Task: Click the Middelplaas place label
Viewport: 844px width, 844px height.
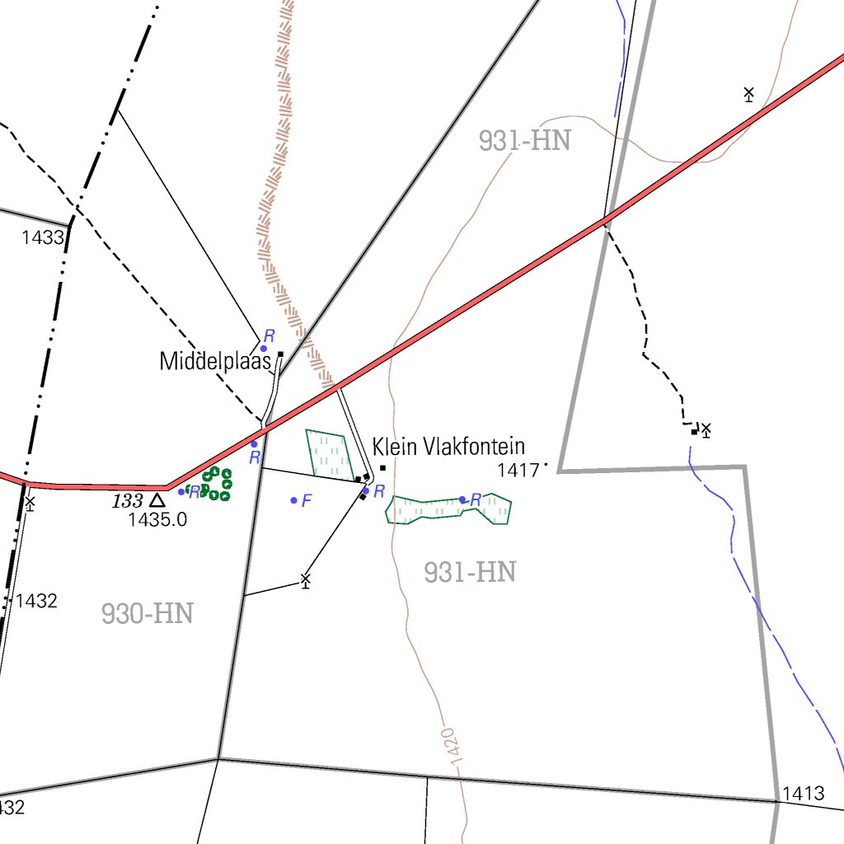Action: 215,361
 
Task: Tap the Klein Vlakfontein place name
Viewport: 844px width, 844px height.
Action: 448,448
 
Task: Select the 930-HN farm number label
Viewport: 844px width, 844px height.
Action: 148,613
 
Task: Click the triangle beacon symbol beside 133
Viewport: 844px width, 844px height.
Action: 157,499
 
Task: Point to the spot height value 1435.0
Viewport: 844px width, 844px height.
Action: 157,520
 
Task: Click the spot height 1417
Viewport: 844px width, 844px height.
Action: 518,471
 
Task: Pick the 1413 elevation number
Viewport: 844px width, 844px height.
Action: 803,794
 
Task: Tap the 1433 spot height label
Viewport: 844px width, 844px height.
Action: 43,238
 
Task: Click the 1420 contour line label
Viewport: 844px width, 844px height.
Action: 449,746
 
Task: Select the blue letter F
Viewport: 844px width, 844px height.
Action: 307,500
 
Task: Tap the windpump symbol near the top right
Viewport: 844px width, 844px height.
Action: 748,94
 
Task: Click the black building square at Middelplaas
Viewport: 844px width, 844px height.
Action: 281,354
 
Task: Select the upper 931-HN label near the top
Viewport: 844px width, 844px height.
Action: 524,141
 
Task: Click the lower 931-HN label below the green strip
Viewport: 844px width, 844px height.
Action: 470,572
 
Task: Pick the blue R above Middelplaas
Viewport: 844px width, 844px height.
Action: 269,336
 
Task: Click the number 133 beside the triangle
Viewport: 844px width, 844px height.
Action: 128,500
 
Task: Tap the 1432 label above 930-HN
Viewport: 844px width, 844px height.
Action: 36,601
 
